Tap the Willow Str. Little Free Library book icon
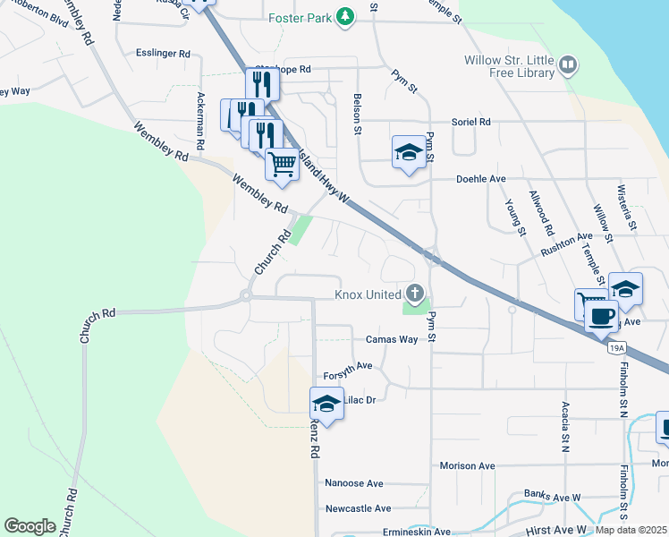click(568, 64)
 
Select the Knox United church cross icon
click(414, 293)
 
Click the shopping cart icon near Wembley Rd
click(282, 165)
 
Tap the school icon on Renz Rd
click(326, 404)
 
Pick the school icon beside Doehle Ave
click(409, 151)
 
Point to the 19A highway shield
click(614, 347)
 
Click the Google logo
click(30, 526)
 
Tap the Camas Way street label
click(392, 340)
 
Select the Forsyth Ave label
click(348, 366)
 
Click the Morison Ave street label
click(467, 466)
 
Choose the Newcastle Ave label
click(358, 508)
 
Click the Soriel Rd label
click(472, 122)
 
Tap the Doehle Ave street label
click(481, 179)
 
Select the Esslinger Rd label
click(164, 54)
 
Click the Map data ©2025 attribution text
click(631, 530)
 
